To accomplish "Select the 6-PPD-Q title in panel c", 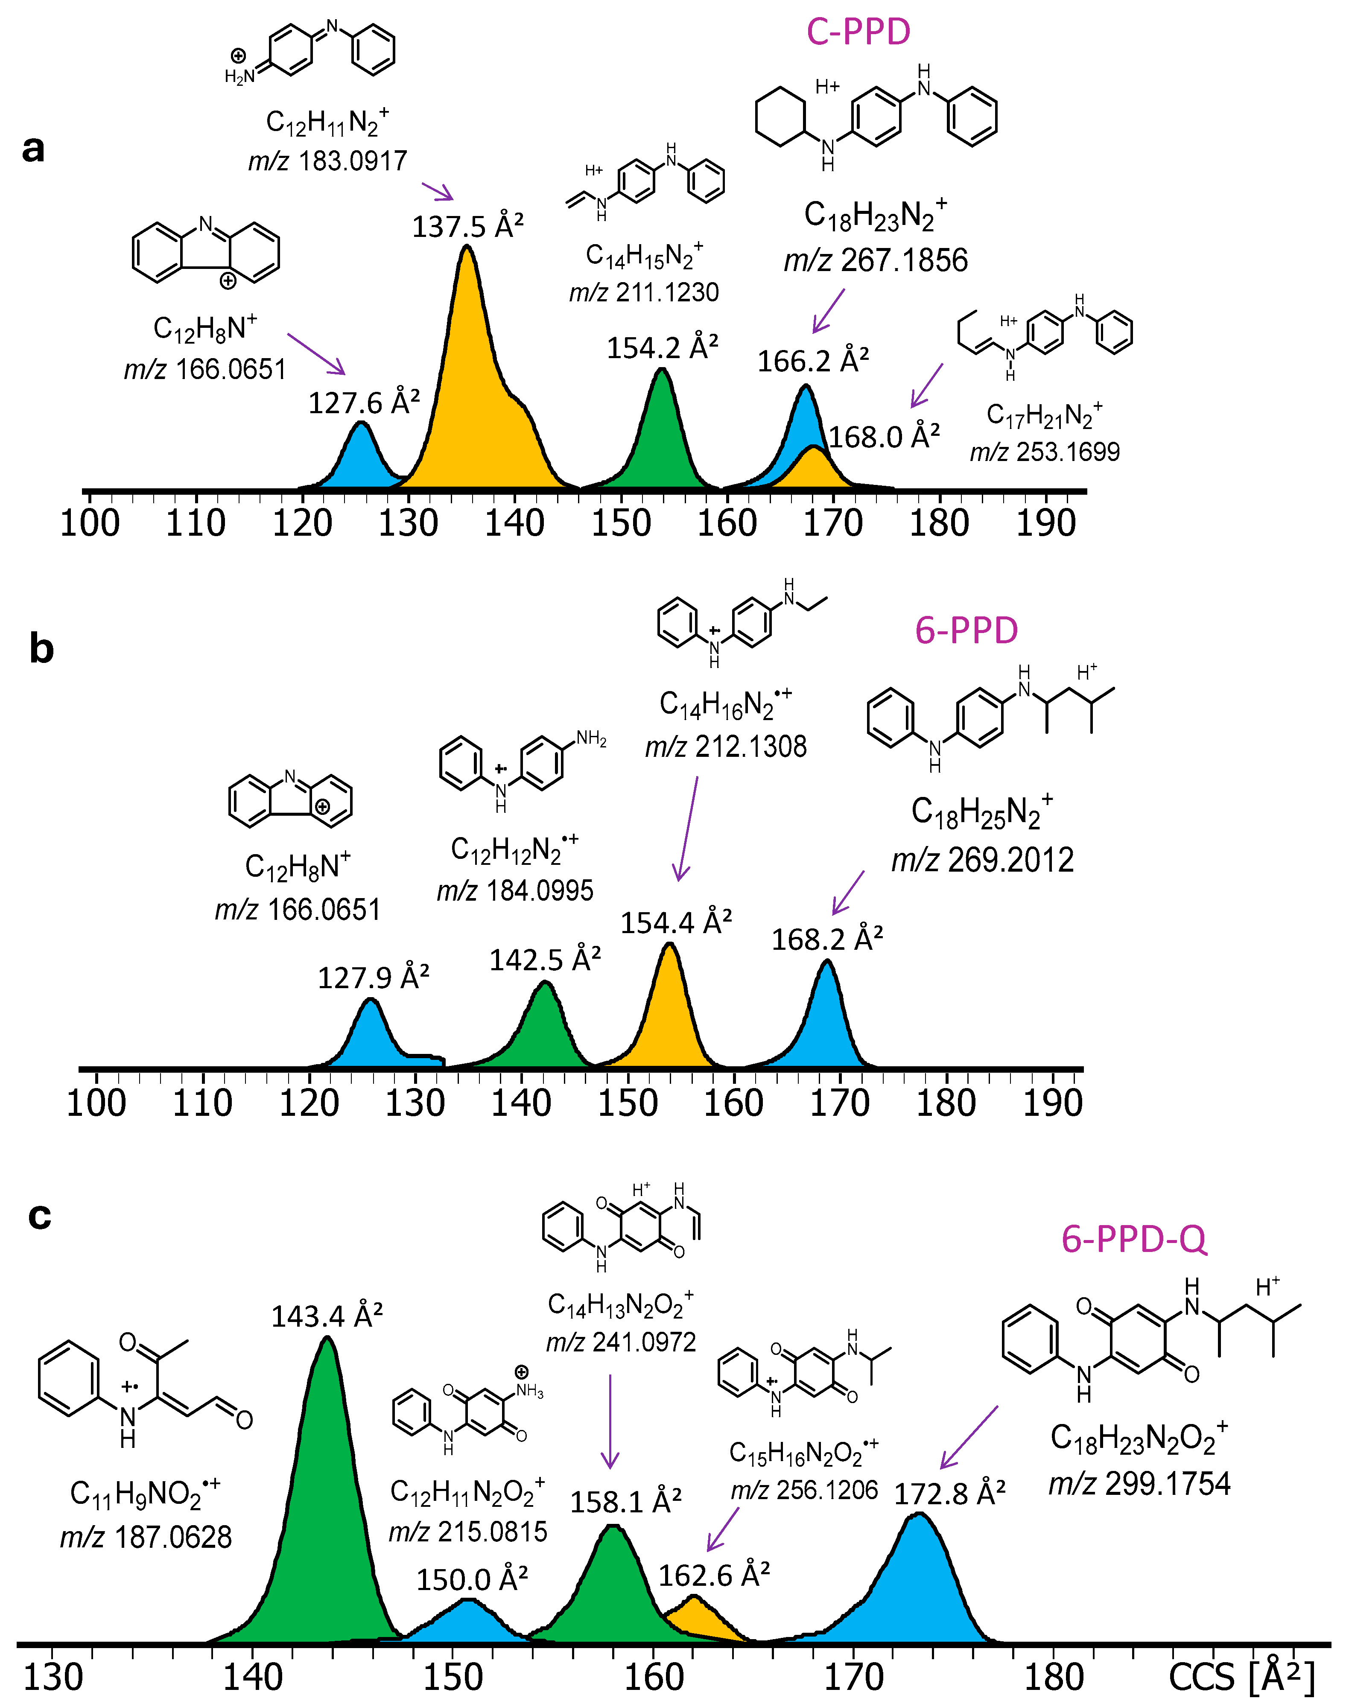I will click(x=1133, y=1240).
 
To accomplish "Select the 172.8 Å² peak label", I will click(x=949, y=1494).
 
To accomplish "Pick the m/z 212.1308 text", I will click(x=726, y=746).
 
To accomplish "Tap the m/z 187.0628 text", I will click(x=146, y=1537).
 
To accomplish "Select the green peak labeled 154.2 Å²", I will click(x=662, y=441).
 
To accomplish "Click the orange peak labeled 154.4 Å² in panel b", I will click(x=670, y=1017).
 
